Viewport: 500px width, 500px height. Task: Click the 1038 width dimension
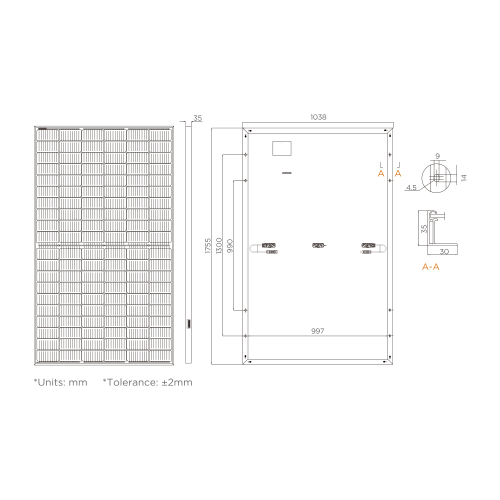318,117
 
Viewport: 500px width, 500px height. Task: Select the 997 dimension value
317,331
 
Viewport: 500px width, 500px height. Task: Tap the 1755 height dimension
208,245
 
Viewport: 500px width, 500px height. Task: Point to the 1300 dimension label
219,245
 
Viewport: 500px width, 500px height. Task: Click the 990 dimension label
230,245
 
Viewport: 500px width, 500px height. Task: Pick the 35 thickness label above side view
197,118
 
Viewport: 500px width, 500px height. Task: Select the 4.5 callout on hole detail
411,187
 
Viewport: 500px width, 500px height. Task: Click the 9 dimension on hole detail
437,156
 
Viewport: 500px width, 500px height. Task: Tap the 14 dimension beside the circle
463,177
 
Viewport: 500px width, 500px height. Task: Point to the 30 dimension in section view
444,251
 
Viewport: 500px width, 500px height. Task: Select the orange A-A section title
430,267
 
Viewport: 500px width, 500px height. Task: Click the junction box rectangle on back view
282,148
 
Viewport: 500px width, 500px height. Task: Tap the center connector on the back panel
318,245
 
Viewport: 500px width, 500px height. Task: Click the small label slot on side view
188,323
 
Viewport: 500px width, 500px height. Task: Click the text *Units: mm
60,382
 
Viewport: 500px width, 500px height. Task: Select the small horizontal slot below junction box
286,173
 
